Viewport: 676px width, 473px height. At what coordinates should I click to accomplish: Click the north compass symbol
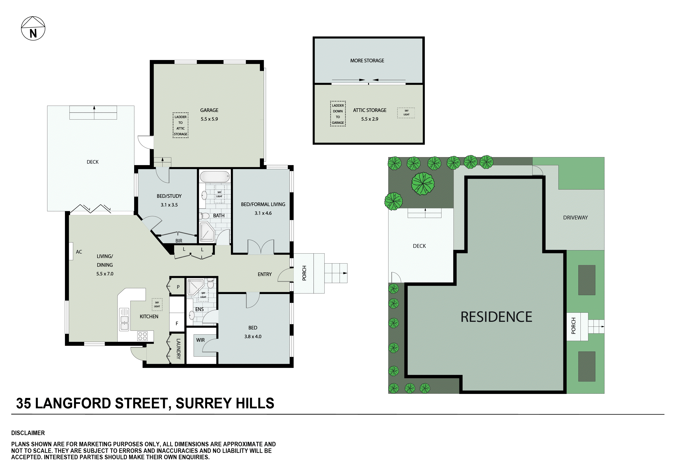(x=33, y=29)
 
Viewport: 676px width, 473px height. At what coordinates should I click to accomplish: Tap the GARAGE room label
(x=209, y=110)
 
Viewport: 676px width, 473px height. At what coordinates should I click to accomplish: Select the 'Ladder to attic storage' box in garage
(x=180, y=125)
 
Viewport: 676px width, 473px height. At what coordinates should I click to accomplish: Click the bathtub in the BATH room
(x=215, y=177)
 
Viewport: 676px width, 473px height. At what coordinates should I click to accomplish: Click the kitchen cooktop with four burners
(x=142, y=336)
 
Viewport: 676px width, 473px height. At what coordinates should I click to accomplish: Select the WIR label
(x=200, y=340)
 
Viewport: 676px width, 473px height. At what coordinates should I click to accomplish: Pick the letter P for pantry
(x=178, y=287)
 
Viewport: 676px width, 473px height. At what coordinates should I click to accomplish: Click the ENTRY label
(x=264, y=274)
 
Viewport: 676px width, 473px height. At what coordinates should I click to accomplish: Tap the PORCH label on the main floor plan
(x=304, y=273)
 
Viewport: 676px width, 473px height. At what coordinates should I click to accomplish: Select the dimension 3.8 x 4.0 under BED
(x=253, y=336)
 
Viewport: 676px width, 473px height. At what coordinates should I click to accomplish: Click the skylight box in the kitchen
(x=157, y=304)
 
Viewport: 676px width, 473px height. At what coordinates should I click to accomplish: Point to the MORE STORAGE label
(x=367, y=61)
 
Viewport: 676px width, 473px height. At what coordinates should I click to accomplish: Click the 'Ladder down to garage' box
(x=338, y=114)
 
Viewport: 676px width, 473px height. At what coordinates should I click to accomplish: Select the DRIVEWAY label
(x=575, y=218)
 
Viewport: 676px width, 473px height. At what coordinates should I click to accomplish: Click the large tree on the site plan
(x=423, y=184)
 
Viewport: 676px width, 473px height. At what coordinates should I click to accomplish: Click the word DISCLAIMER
(x=28, y=433)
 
